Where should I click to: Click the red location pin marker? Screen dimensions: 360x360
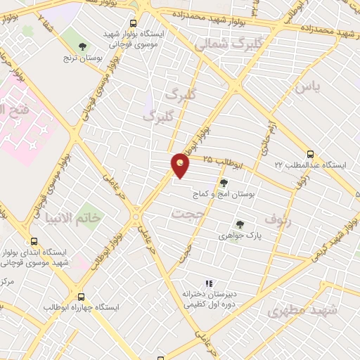tap(181, 165)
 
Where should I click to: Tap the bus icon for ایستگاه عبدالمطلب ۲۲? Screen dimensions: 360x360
tap(310, 154)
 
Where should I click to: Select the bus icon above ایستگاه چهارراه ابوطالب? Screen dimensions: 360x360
tap(82, 297)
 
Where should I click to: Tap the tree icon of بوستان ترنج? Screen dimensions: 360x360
tap(83, 46)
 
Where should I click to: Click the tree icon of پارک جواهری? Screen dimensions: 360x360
tap(240, 224)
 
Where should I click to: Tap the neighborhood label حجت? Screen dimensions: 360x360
tap(191, 212)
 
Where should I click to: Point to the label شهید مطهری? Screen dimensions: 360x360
tap(310, 310)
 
